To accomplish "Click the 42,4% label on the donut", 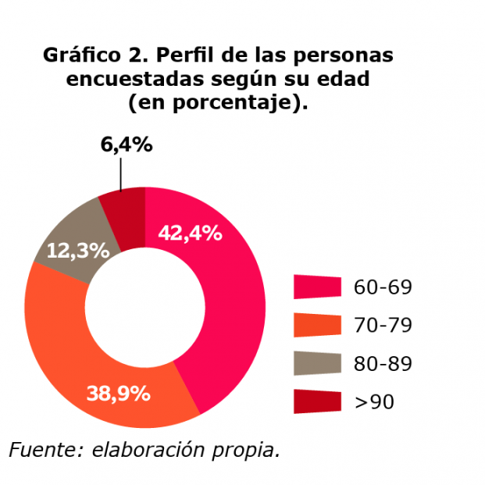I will [190, 233].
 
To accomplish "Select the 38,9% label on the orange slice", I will [118, 394].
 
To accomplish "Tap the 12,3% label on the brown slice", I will [78, 251].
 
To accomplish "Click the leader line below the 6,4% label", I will [121, 173].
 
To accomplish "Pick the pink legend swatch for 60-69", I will [317, 287].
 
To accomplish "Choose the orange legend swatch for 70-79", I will [317, 325].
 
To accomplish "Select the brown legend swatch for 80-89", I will [317, 363].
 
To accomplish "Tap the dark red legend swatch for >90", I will [317, 401].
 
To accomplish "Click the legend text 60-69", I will [383, 287].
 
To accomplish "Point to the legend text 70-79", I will [383, 326].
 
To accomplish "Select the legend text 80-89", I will [383, 364].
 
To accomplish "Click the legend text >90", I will [374, 402].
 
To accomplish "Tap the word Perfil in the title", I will [187, 56].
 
